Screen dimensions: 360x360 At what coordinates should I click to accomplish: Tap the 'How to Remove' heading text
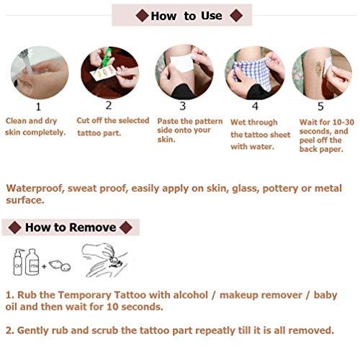tap(71, 228)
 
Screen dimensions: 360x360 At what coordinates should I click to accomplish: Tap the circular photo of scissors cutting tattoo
tap(109, 72)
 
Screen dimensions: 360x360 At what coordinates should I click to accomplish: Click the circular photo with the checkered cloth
tap(255, 72)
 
